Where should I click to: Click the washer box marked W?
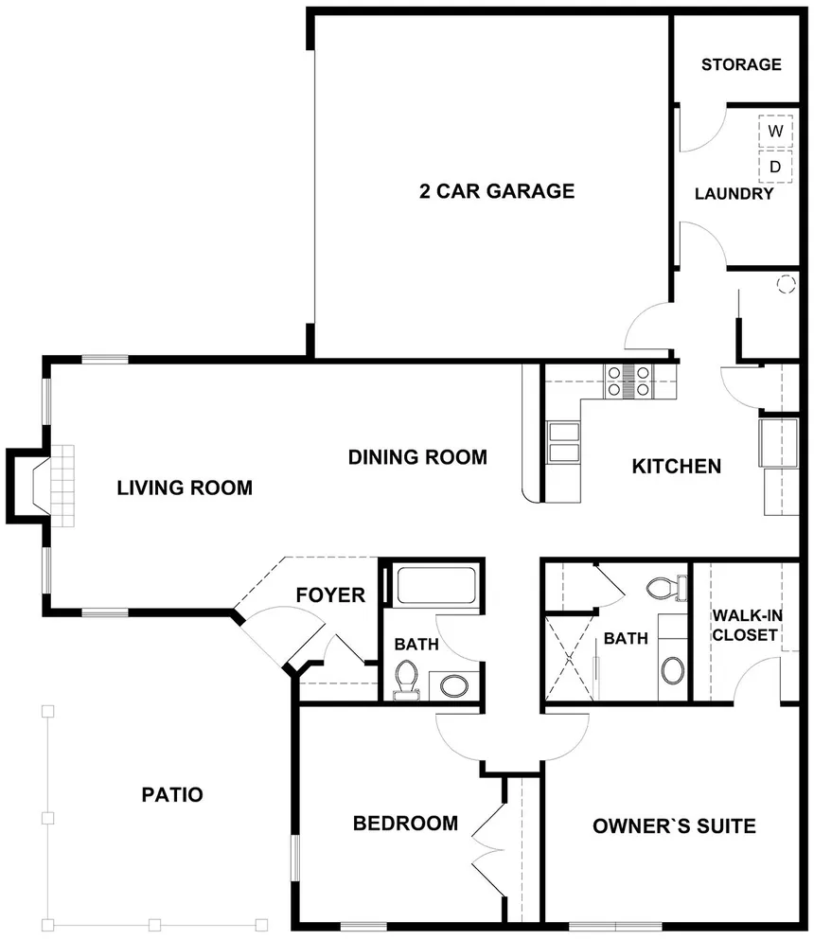(775, 131)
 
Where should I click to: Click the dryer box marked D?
(775, 166)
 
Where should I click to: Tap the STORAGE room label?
(741, 64)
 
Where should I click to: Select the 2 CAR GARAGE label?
(497, 190)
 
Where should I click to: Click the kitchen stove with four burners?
(628, 381)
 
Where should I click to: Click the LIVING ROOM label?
(185, 488)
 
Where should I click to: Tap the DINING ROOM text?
(417, 457)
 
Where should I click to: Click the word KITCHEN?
(676, 466)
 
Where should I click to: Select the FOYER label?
(330, 594)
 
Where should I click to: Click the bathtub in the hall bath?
(436, 585)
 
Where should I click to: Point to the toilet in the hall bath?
(406, 681)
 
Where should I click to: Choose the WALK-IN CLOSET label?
(747, 625)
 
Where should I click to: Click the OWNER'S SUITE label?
(674, 826)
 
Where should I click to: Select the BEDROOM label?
(405, 824)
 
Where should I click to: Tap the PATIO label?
(172, 794)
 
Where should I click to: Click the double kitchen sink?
(564, 442)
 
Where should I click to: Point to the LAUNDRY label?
(734, 194)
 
